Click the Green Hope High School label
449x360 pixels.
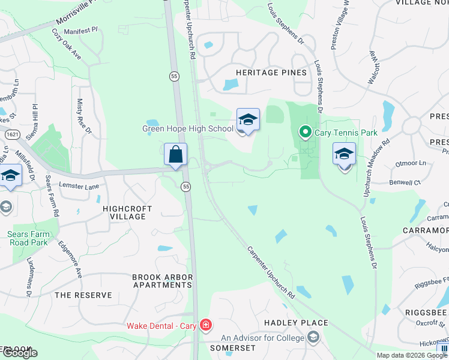click(x=187, y=129)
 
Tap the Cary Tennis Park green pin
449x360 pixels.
click(x=305, y=131)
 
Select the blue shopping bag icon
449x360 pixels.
click(x=175, y=154)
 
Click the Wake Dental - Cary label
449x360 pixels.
click(x=162, y=326)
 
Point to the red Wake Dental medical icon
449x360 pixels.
click(x=206, y=326)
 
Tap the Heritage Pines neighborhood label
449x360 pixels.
click(x=263, y=73)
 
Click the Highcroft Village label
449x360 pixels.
click(x=127, y=213)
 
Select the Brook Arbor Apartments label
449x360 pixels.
click(x=163, y=281)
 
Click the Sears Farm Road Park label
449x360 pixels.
click(x=27, y=239)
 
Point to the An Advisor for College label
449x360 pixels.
click(x=263, y=338)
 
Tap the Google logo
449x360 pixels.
click(x=20, y=353)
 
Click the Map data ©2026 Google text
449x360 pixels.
click(x=411, y=355)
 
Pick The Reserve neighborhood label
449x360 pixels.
click(x=83, y=295)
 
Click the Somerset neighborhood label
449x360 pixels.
click(x=232, y=348)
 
